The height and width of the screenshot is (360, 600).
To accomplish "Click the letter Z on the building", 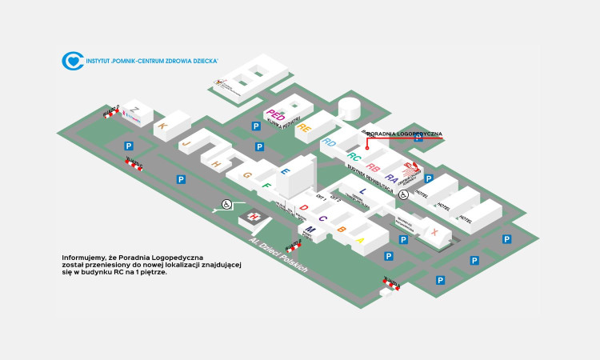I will pos(136,110).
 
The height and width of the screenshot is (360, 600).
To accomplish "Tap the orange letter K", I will pos(162,126).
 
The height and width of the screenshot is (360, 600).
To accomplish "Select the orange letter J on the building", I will pos(186,144).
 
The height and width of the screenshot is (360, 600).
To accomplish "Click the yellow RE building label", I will pos(304,127).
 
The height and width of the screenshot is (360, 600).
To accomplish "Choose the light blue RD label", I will pos(329,142).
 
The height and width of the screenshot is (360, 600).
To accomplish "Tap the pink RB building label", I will pos(373,168).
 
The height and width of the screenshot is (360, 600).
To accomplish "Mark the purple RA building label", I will pos(391,178).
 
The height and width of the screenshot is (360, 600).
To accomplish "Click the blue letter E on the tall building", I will pos(285,172).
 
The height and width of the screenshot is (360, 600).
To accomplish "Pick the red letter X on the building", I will pos(434,232).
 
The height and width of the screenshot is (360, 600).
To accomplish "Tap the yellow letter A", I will pos(361,239).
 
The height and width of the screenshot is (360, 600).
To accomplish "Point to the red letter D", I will pos(304,208).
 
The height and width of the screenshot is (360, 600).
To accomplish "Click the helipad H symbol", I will pos(254,216).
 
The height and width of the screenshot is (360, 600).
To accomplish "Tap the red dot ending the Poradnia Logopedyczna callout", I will pos(367,149).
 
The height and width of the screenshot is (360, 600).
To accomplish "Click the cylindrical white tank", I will pos(350,109).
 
